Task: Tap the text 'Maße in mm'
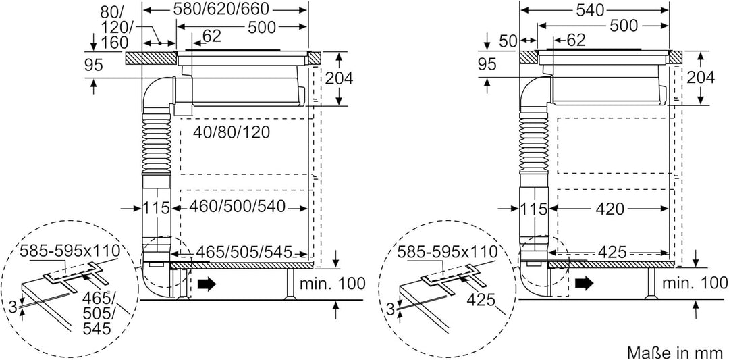coord(676,351)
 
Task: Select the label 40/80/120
coord(231,132)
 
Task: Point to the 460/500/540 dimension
coord(237,207)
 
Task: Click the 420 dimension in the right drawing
coord(610,209)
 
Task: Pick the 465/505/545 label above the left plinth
coord(244,252)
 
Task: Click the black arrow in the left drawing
coord(207,283)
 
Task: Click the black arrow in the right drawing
coord(584,282)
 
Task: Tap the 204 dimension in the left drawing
coord(338,78)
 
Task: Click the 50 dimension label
coord(508,41)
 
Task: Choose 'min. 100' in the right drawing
coord(693,282)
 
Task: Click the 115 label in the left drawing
coord(156,208)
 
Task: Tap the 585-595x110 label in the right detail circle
coord(448,252)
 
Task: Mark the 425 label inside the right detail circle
coord(481,300)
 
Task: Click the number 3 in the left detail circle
coord(13,307)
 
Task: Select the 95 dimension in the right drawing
coord(488,65)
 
